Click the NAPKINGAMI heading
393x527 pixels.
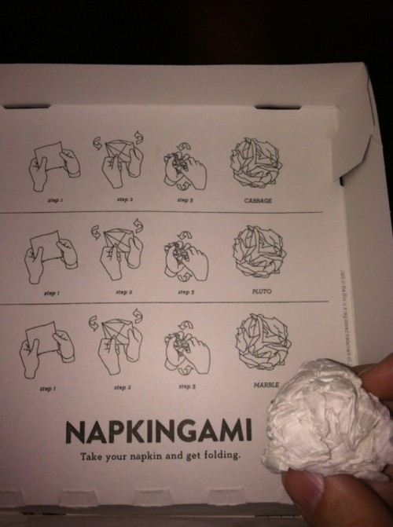159,431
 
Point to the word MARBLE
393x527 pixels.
266,385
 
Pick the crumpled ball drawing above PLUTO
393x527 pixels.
259,251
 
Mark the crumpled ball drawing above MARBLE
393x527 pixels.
263,342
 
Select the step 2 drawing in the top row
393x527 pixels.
120,160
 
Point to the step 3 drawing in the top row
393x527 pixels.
184,167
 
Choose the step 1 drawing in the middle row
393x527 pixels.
51,254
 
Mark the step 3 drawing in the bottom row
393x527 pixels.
186,348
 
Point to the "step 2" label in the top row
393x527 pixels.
124,199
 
